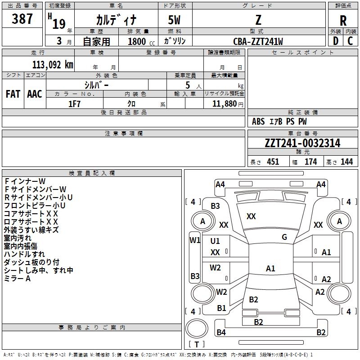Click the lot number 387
pyautogui.click(x=22, y=19)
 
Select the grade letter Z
pyautogui.click(x=258, y=20)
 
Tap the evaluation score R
pyautogui.click(x=343, y=21)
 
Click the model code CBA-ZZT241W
pyautogui.click(x=258, y=41)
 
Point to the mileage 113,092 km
pyautogui.click(x=52, y=64)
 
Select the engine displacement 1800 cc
pyautogui.click(x=138, y=41)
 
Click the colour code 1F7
pyautogui.click(x=75, y=103)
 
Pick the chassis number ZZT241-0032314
pyautogui.click(x=302, y=143)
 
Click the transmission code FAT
pyautogui.click(x=13, y=94)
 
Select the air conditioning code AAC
pyautogui.click(x=35, y=94)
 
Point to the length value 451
pyautogui.click(x=273, y=162)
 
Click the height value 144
pyautogui.click(x=346, y=162)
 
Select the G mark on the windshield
pyautogui.click(x=284, y=237)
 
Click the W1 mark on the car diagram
pyautogui.click(x=194, y=240)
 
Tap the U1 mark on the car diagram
pyautogui.click(x=215, y=241)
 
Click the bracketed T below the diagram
pyautogui.click(x=197, y=345)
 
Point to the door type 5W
pyautogui.click(x=175, y=20)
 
